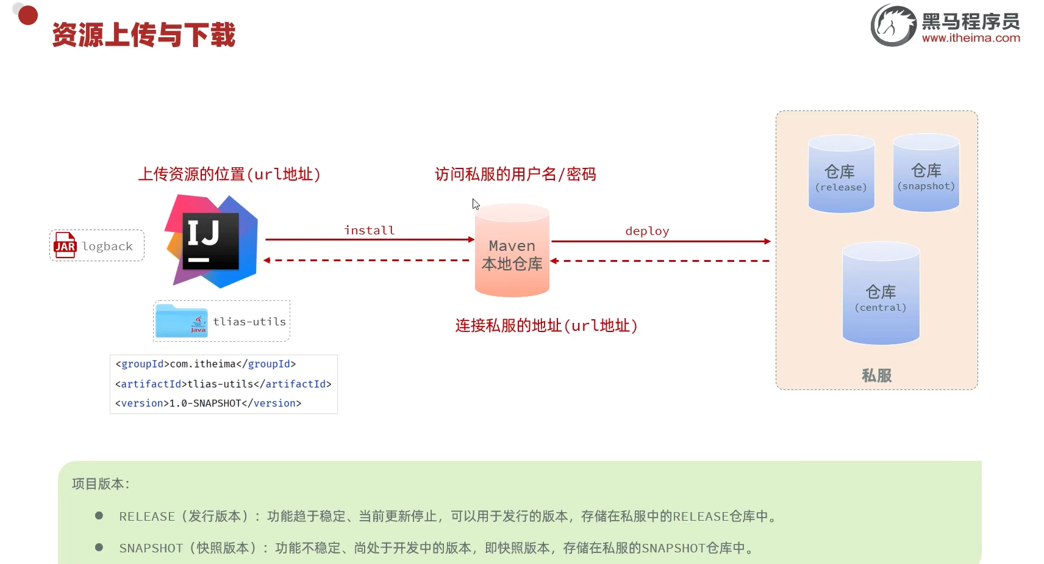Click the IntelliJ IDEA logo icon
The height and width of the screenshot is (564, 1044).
[211, 242]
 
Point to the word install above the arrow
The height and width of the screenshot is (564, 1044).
[370, 230]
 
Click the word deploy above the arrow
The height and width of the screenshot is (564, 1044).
[647, 231]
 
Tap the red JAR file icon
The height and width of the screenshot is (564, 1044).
[65, 245]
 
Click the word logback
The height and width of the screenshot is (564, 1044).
[107, 246]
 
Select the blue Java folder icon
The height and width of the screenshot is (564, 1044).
[181, 321]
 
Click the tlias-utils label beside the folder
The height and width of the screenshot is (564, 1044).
[249, 322]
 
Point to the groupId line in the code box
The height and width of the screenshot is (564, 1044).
[206, 364]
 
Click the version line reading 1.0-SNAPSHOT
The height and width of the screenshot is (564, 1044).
[208, 403]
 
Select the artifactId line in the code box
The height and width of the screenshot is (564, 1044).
[223, 384]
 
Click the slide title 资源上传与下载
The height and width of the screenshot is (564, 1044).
[144, 35]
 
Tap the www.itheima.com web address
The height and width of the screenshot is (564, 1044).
[971, 38]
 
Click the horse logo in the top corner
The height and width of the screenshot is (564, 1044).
[893, 26]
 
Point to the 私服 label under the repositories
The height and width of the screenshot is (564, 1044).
[876, 375]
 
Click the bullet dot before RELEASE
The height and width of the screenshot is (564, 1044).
[99, 516]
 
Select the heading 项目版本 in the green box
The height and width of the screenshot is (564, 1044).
[101, 484]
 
